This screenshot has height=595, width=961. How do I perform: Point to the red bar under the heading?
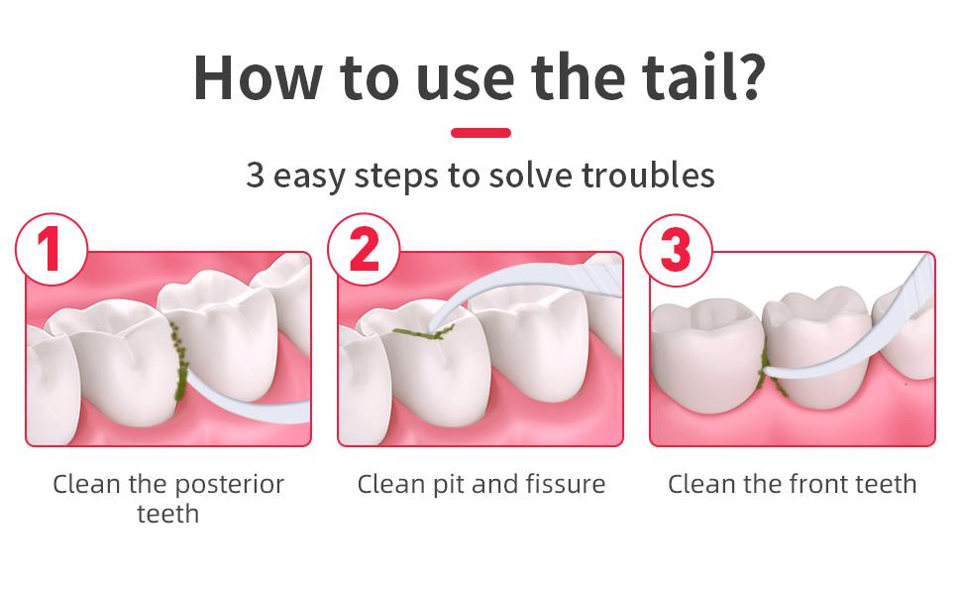click(480, 132)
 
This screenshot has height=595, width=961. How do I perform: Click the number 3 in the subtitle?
click(256, 176)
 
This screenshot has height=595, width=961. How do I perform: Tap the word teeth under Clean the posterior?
click(167, 514)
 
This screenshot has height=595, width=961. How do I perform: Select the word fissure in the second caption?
click(561, 484)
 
